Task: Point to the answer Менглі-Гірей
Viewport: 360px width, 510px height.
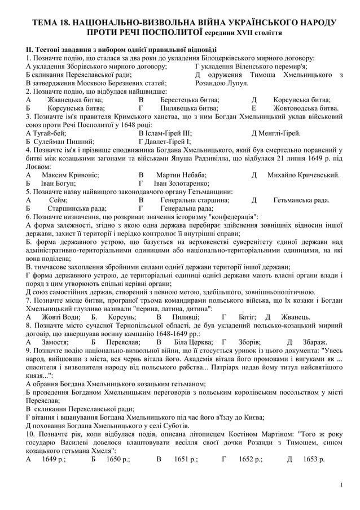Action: [279, 133]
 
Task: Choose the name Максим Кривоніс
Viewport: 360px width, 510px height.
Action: [65, 175]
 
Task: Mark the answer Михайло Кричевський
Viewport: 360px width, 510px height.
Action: [303, 175]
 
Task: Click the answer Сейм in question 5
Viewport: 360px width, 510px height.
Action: [58, 200]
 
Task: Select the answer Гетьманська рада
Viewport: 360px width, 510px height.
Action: [301, 200]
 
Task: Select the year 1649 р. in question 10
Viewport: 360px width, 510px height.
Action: [54, 459]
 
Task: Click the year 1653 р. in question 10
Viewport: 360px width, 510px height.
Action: [314, 459]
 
